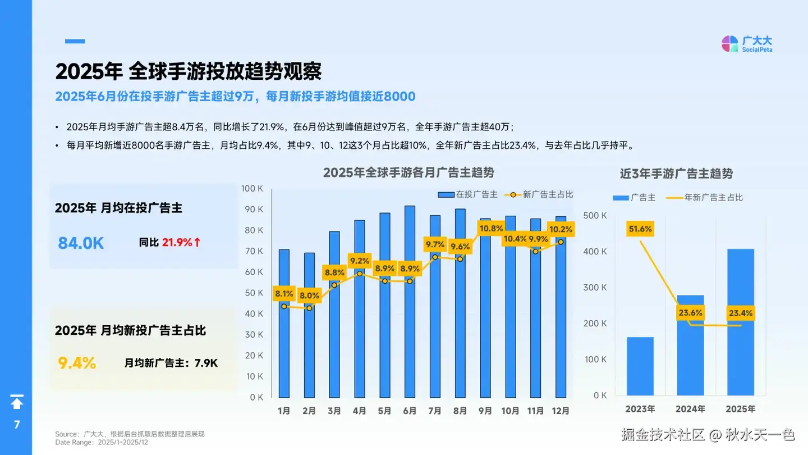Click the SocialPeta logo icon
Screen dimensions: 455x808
(729, 44)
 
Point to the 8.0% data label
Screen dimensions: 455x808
(309, 295)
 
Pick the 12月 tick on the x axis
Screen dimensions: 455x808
(560, 411)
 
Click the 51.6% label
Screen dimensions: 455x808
(640, 229)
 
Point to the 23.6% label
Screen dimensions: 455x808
(690, 313)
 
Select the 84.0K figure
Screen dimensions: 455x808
(81, 243)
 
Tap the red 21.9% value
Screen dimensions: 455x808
(177, 243)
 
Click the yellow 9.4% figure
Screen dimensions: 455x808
(77, 363)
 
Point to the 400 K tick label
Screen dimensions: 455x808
(596, 252)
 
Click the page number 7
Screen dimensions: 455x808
(17, 424)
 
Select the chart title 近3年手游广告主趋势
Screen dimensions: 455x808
(676, 174)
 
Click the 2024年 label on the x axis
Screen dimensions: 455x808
(690, 409)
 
